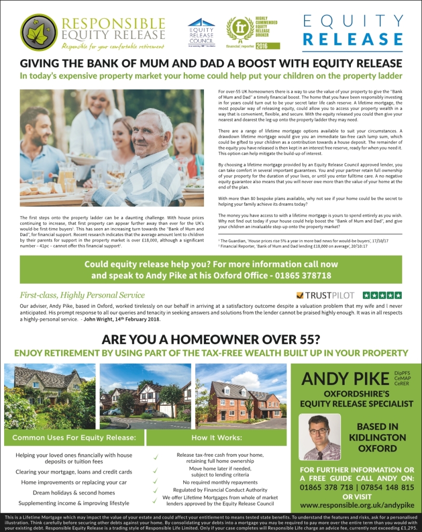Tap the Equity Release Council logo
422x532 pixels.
201,33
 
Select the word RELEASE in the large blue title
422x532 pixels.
353,39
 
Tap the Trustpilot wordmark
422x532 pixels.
327,296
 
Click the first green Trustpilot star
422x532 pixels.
366,295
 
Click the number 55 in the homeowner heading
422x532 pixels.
310,340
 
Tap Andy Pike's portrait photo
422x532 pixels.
322,437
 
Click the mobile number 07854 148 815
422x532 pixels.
385,487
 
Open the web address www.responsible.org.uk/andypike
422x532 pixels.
349,505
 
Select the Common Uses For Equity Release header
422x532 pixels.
74,437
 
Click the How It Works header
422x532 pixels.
216,437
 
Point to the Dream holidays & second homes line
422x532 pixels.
74,493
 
